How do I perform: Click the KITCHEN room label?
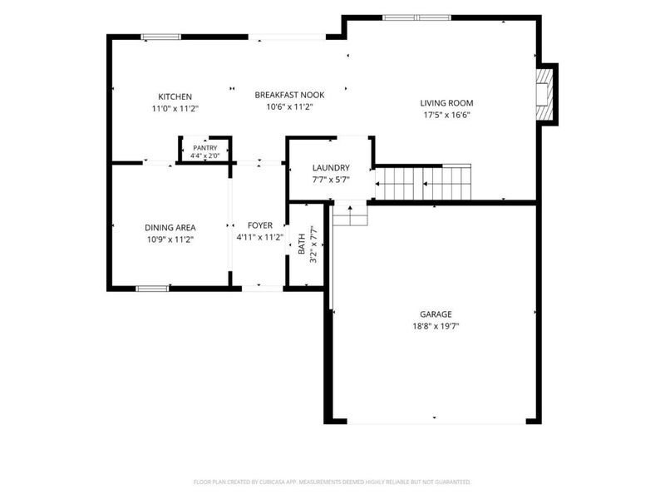175,96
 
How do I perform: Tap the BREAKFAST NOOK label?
289,95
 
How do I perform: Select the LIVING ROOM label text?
446,103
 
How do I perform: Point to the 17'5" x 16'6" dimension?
446,115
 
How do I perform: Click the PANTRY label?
204,148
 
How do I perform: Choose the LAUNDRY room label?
331,168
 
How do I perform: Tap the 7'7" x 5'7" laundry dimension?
331,180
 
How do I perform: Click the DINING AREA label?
170,228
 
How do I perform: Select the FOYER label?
260,225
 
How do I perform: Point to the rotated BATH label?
302,244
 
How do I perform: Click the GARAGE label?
436,314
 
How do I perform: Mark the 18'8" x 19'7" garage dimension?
436,326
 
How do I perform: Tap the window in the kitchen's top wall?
160,37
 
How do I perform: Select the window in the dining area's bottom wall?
152,289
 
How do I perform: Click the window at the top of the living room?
416,17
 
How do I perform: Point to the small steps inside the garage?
350,215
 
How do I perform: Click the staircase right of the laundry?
423,181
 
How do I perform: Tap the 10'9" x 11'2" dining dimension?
170,240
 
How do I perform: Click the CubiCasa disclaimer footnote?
332,482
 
